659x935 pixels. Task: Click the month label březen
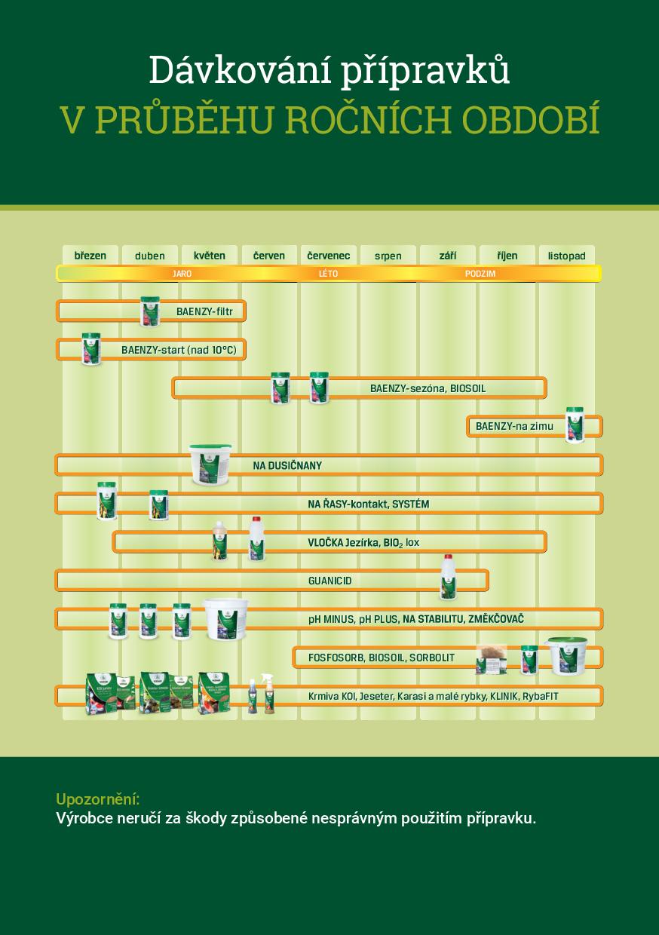pos(90,256)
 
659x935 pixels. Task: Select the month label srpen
pos(388,256)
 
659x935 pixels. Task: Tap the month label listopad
pos(566,256)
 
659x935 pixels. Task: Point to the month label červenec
pos(328,256)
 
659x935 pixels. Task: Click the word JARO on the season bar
pos(182,274)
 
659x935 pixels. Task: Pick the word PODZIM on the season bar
pos(480,274)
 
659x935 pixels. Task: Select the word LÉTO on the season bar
pos(328,274)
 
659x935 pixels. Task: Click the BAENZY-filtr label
pos(204,311)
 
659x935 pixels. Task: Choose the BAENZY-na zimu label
pos(514,426)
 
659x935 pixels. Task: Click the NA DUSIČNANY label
pos(287,465)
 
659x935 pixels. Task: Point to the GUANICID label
pos(329,581)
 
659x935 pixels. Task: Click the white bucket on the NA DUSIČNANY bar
pos(210,464)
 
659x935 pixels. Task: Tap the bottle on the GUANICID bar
pos(449,577)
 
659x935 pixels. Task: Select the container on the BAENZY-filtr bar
pos(150,311)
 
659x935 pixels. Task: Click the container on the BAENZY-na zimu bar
pos(575,425)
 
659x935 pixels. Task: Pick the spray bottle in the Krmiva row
pos(268,693)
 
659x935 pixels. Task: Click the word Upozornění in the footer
pos(98,799)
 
